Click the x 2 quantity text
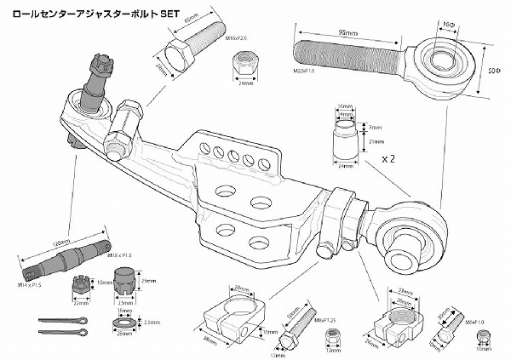tap(390, 158)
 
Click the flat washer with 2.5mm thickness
tap(124, 324)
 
